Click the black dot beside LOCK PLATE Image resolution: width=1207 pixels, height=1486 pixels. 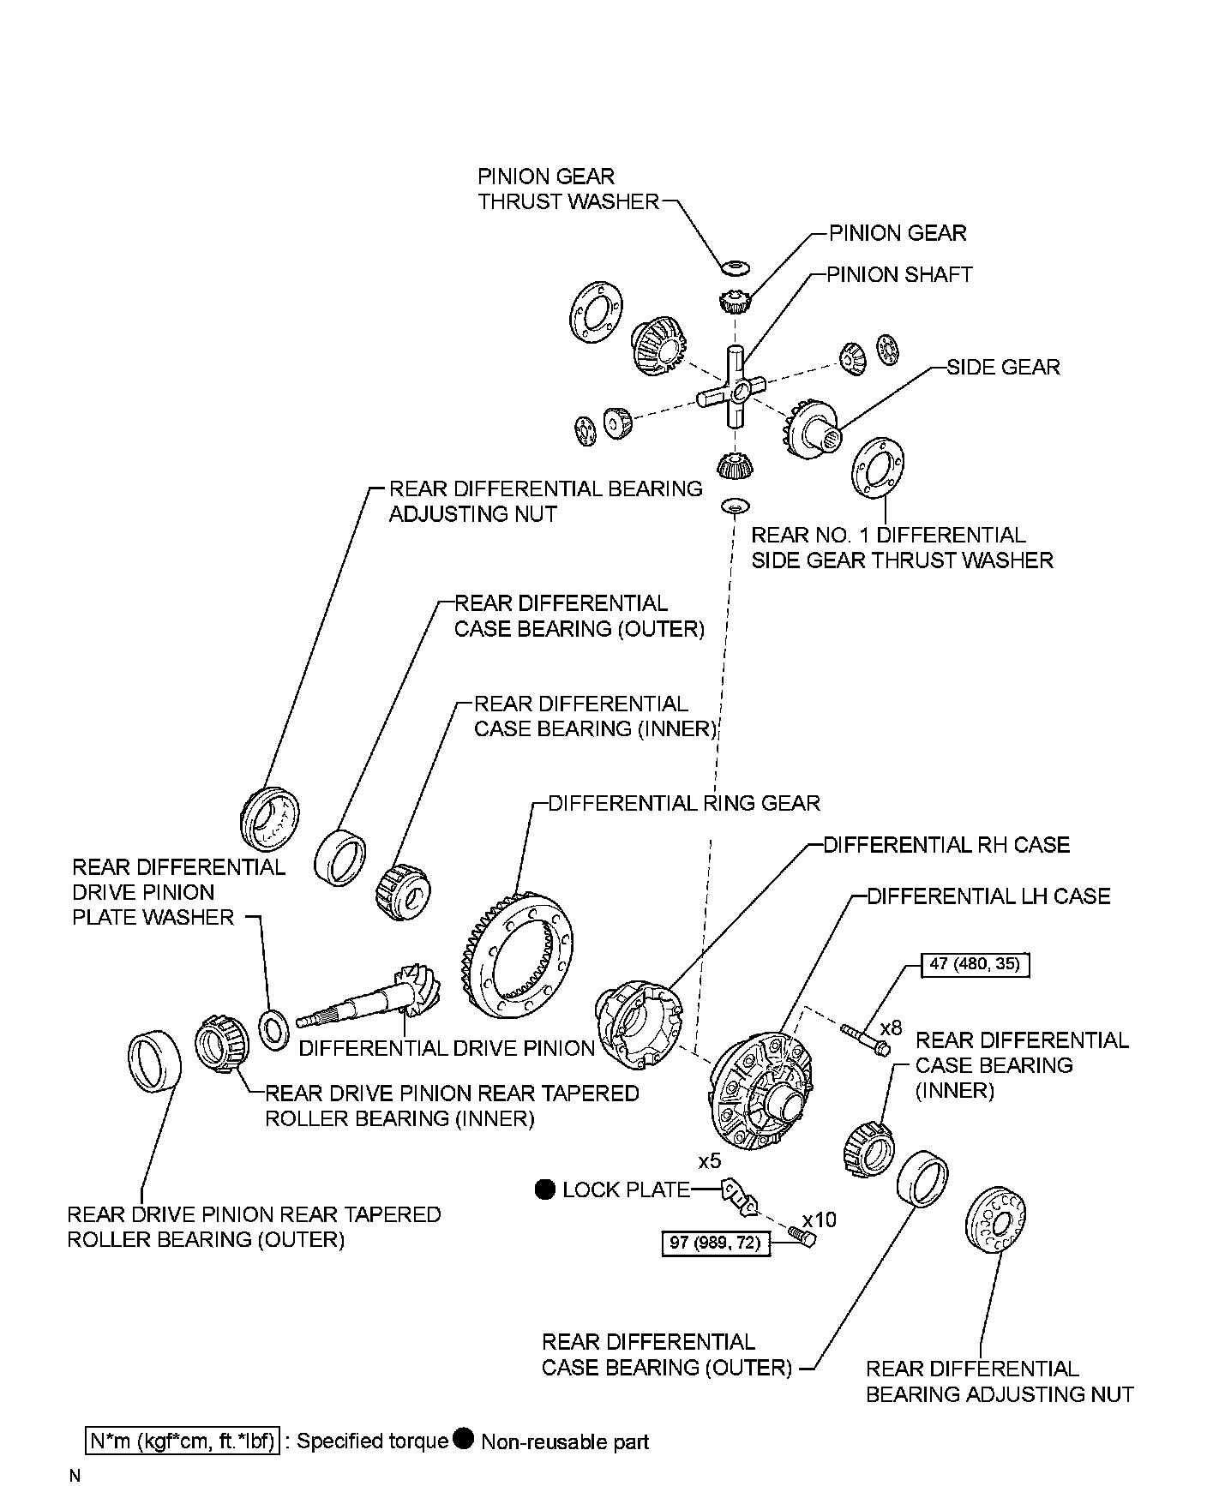pos(545,1189)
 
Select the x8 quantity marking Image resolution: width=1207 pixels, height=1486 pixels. pos(892,1027)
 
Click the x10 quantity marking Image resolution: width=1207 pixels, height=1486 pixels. pos(820,1219)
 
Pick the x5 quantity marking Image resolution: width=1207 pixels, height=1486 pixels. pos(710,1161)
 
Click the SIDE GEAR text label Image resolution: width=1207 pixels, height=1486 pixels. pos(1003,368)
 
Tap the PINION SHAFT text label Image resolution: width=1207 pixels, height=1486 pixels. pos(899,275)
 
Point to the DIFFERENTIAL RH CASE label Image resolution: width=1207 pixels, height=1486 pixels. pos(946,845)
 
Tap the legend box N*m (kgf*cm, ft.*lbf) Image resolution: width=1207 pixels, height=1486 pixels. pos(183,1441)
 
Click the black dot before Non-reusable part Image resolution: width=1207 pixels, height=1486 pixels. pos(464,1439)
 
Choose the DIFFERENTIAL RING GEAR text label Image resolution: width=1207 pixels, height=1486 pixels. pos(684,804)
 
